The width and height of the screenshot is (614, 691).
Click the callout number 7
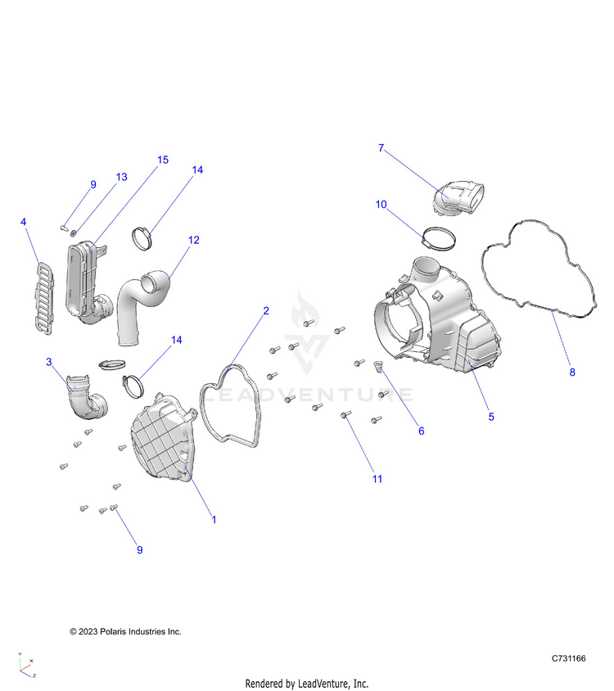(381, 148)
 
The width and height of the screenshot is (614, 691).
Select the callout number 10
(381, 204)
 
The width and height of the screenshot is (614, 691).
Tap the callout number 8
(572, 373)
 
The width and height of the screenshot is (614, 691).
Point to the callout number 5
(491, 416)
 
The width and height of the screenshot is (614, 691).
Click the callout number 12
(194, 240)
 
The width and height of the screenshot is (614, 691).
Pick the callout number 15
(163, 160)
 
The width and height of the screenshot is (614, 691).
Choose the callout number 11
(377, 478)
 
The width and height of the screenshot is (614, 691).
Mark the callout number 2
(266, 311)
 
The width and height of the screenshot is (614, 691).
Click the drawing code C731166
(568, 658)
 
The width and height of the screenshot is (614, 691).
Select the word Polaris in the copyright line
(117, 631)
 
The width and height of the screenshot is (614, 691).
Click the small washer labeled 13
(75, 233)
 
